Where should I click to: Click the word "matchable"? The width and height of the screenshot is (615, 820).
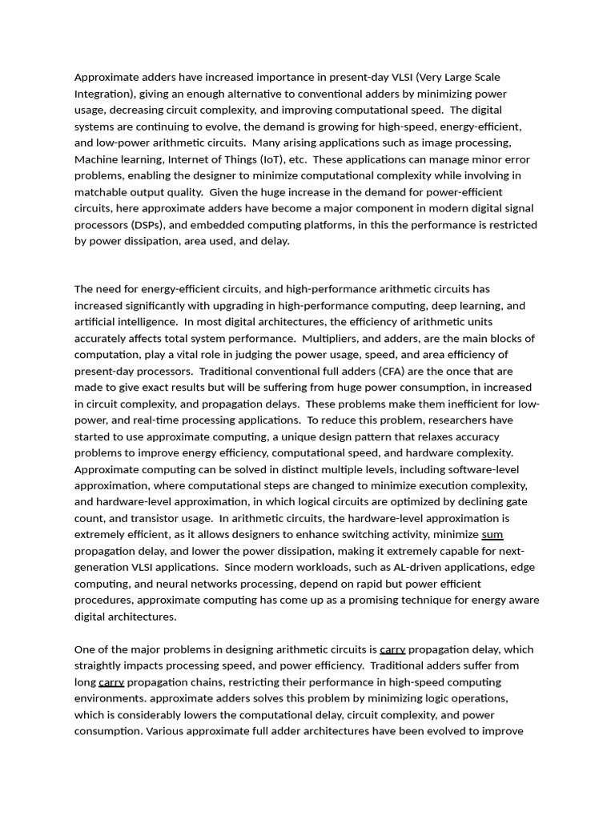(x=101, y=192)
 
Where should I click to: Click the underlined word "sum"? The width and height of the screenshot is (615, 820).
(x=492, y=535)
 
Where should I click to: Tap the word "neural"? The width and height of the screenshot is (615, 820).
(x=169, y=584)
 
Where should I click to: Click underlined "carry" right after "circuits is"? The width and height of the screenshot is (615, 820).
(x=392, y=649)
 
